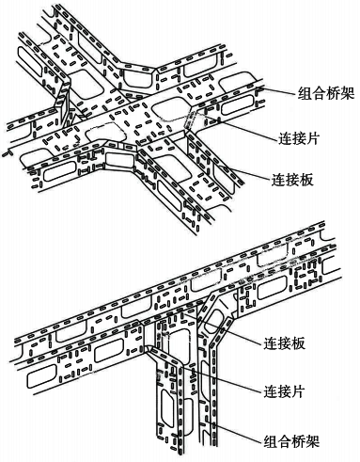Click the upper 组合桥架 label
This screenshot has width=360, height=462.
322,93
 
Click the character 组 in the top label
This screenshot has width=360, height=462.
299,93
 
